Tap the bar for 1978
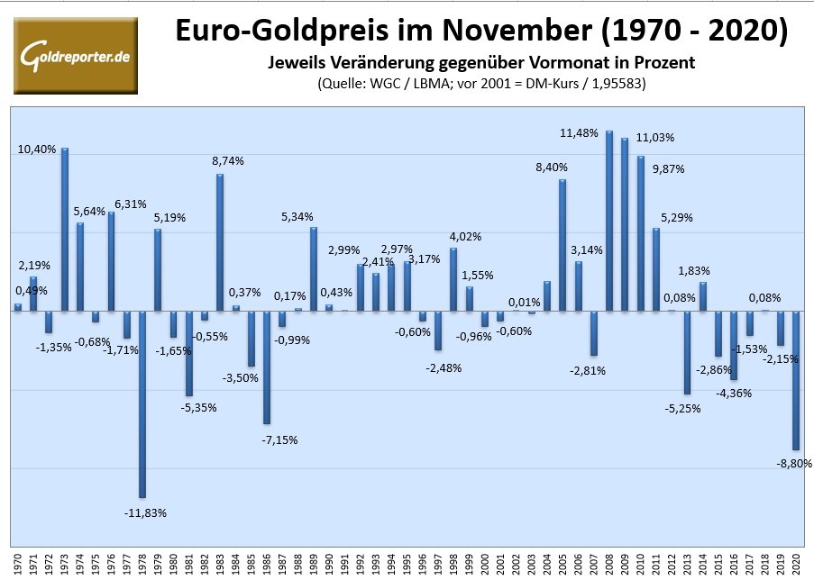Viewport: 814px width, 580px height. coord(142,404)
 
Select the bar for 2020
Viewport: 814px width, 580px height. coord(797,380)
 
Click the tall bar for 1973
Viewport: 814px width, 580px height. coord(65,230)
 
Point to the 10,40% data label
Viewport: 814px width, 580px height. coord(36,149)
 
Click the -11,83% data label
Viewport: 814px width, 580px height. coord(145,512)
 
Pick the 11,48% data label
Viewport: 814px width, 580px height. coord(579,133)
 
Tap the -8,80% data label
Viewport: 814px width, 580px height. coord(794,463)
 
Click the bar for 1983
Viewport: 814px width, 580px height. coord(220,242)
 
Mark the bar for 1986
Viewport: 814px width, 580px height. coord(267,367)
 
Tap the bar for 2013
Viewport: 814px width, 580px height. coord(687,352)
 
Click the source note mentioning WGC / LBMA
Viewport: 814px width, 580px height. coord(482,84)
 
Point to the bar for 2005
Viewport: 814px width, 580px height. coord(562,245)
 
